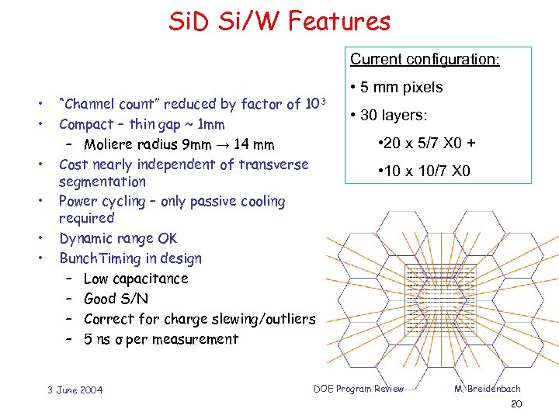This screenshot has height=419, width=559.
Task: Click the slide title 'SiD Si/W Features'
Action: [x=279, y=21]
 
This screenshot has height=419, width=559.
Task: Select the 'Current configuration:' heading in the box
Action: [x=425, y=59]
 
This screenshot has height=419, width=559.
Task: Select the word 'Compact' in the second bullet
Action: [x=85, y=124]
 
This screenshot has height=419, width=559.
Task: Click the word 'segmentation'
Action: [x=102, y=182]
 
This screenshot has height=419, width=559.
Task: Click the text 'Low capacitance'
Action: [x=136, y=279]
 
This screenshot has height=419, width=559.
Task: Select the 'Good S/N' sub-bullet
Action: [x=116, y=299]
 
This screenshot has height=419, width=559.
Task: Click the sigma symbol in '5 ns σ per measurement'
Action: [x=119, y=340]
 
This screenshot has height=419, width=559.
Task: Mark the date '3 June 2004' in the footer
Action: [x=75, y=390]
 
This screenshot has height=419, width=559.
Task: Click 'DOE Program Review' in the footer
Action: [x=359, y=389]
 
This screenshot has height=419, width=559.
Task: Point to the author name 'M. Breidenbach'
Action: [x=488, y=389]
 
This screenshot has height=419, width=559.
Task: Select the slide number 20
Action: [x=516, y=405]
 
